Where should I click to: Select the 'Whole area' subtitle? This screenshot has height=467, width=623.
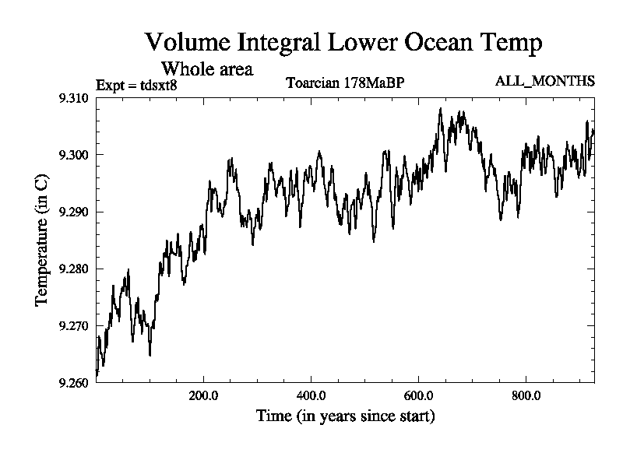click(x=206, y=69)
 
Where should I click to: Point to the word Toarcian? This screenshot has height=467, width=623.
click(x=313, y=83)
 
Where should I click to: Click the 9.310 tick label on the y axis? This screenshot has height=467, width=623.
click(x=75, y=98)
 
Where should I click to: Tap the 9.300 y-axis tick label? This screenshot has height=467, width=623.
click(x=75, y=155)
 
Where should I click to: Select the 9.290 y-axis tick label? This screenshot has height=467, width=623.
click(x=75, y=212)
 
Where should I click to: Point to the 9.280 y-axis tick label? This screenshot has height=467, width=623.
click(x=75, y=269)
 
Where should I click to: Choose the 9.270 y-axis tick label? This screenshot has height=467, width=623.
click(x=75, y=325)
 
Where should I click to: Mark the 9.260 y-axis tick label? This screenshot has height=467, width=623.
click(x=75, y=382)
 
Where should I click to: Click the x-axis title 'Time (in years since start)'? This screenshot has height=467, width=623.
click(x=346, y=416)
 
